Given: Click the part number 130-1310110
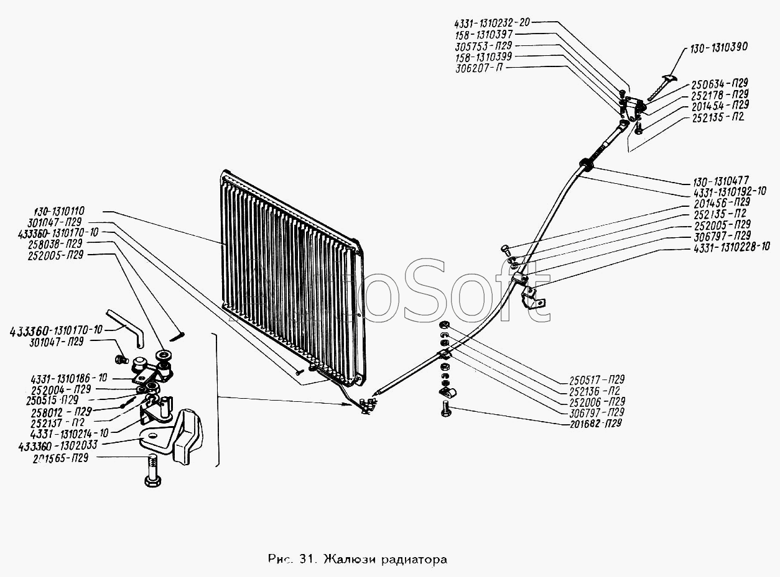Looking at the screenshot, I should click(57, 211).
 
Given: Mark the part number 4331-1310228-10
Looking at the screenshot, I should click(727, 247).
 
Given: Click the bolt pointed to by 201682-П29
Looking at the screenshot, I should click(446, 408).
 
